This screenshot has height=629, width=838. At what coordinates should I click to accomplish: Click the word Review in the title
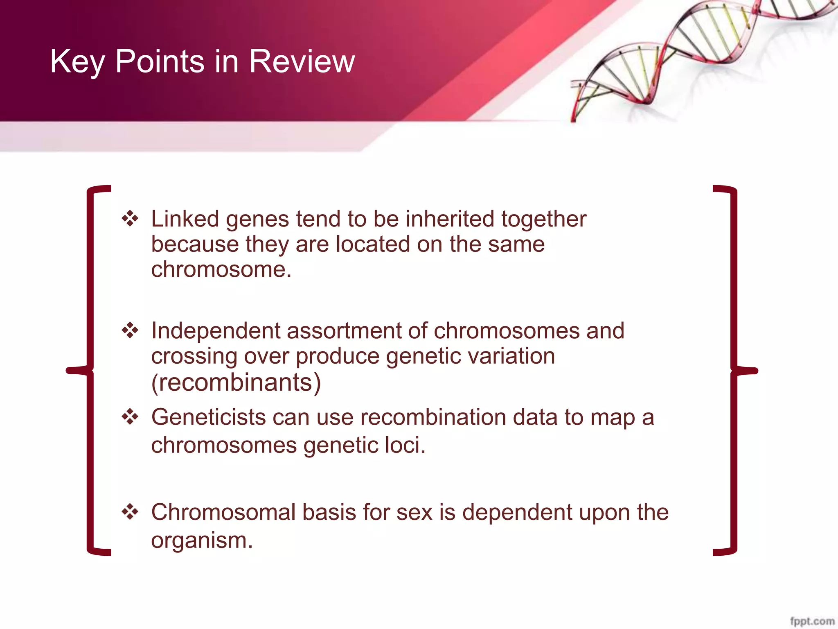pyautogui.click(x=302, y=61)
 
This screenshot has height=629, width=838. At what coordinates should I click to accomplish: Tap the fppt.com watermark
pyautogui.click(x=812, y=621)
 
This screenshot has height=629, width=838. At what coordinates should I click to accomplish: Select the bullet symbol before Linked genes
pyautogui.click(x=130, y=218)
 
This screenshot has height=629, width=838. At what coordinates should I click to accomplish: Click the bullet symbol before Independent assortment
pyautogui.click(x=130, y=330)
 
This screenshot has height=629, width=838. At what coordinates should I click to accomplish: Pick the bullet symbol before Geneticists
pyautogui.click(x=130, y=417)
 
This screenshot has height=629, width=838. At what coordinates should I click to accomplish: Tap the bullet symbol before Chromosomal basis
pyautogui.click(x=130, y=512)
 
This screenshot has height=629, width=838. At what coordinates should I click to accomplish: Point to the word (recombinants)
pyautogui.click(x=236, y=382)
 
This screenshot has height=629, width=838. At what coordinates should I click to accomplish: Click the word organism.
pyautogui.click(x=202, y=541)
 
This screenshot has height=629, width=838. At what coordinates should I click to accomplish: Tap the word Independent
pyautogui.click(x=215, y=331)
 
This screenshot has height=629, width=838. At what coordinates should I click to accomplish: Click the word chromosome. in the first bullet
pyautogui.click(x=221, y=269)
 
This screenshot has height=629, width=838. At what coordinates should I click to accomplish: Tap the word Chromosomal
pyautogui.click(x=223, y=512)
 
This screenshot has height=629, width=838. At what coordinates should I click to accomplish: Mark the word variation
pyautogui.click(x=511, y=355)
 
